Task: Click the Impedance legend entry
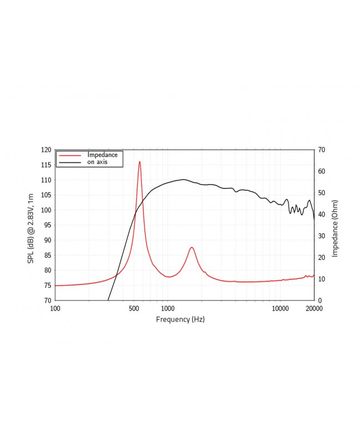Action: pos(102,155)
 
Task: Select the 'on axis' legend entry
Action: pos(97,162)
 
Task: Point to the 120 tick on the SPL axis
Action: pos(45,150)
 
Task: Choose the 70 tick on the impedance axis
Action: pos(321,150)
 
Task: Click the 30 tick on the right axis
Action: pos(321,236)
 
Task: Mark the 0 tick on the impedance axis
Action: pos(319,300)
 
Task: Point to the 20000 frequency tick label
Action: pos(313,308)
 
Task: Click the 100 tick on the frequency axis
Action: pos(55,308)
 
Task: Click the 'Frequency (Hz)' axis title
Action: pos(180,319)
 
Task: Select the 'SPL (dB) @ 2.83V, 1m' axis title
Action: pos(32,224)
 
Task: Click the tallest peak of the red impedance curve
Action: pos(140,161)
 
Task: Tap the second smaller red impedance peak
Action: pos(192,247)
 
